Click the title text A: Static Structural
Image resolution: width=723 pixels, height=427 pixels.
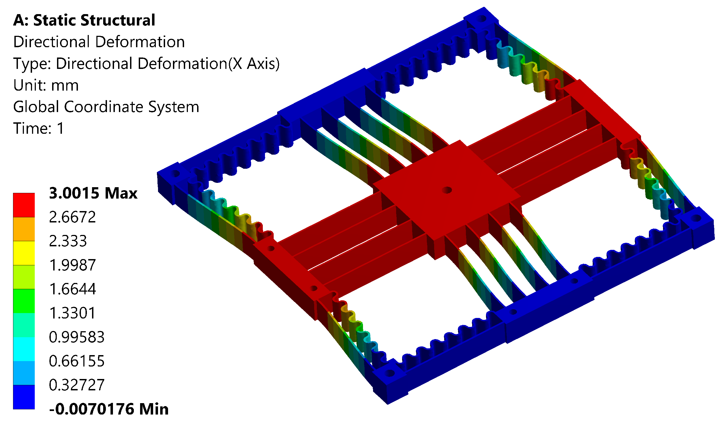[84, 20]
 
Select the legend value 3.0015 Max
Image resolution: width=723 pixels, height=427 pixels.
[93, 193]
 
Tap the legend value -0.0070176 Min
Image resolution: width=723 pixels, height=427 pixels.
[109, 409]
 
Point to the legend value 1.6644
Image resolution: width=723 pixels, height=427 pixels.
[72, 289]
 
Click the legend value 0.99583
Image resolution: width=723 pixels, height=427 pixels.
[77, 337]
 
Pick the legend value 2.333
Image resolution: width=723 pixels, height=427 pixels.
[68, 241]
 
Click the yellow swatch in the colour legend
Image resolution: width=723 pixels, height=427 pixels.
[24, 253]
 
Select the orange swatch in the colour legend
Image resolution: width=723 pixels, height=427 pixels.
[24, 229]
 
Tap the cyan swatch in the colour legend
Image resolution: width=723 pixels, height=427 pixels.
[24, 349]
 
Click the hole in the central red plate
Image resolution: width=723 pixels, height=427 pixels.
[447, 190]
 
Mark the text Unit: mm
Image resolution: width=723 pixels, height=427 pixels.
[46, 85]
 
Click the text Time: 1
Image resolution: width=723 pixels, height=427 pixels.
[38, 129]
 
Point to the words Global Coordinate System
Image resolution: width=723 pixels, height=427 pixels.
[106, 107]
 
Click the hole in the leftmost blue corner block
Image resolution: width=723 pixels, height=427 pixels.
[176, 174]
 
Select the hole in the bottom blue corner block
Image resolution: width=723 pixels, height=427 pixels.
[390, 374]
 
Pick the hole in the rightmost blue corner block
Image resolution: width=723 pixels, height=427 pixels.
[696, 219]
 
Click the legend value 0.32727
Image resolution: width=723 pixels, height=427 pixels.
[77, 385]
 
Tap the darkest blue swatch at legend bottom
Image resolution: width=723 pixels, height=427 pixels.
[24, 397]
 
